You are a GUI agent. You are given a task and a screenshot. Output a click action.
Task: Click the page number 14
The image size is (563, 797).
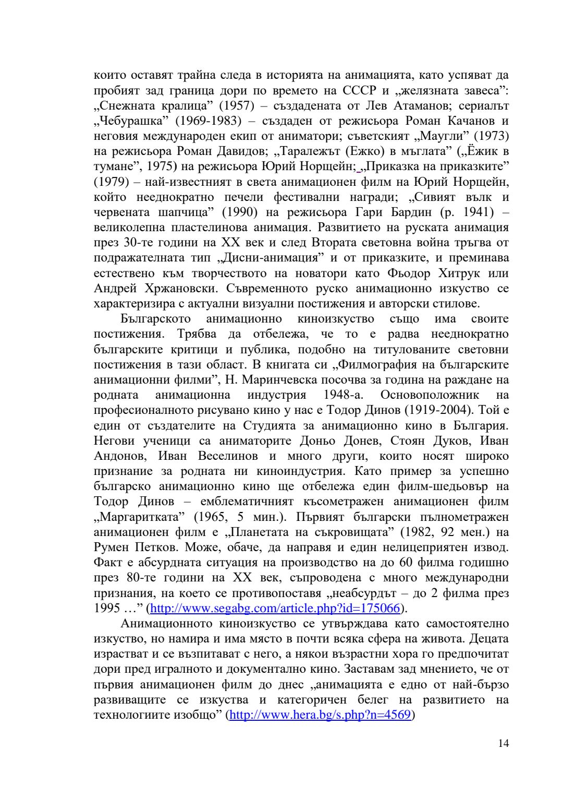click(x=503, y=743)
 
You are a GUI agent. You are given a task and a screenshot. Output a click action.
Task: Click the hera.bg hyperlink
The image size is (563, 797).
click(x=321, y=715)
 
